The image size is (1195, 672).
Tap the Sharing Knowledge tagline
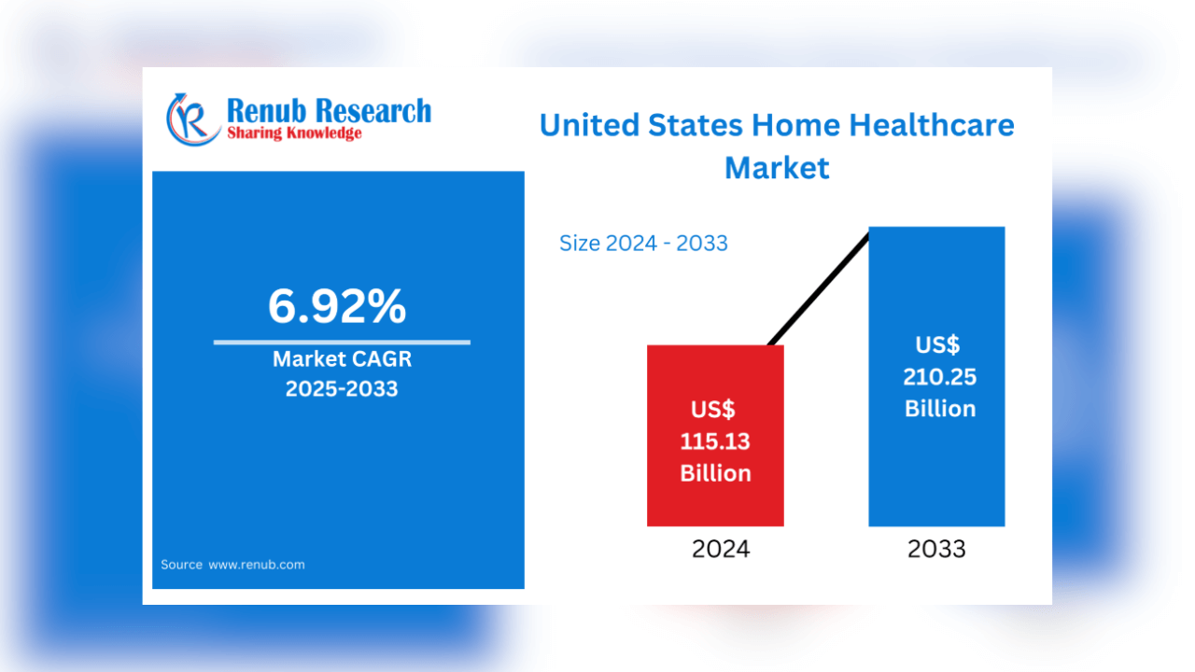click(x=294, y=133)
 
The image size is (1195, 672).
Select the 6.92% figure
click(x=337, y=306)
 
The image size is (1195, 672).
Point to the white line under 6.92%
click(x=342, y=343)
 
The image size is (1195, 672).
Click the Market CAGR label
click(x=342, y=359)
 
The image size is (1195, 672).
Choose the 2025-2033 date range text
click(x=342, y=388)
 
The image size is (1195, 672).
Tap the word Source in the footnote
click(x=181, y=565)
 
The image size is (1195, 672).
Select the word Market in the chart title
click(x=777, y=168)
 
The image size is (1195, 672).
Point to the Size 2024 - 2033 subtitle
click(x=643, y=244)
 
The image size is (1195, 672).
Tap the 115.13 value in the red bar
click(x=715, y=441)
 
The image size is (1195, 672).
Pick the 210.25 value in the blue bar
click(x=940, y=377)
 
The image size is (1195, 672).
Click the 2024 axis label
click(x=720, y=549)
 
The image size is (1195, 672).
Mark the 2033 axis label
click(x=936, y=549)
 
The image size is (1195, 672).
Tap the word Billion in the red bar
click(x=715, y=473)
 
